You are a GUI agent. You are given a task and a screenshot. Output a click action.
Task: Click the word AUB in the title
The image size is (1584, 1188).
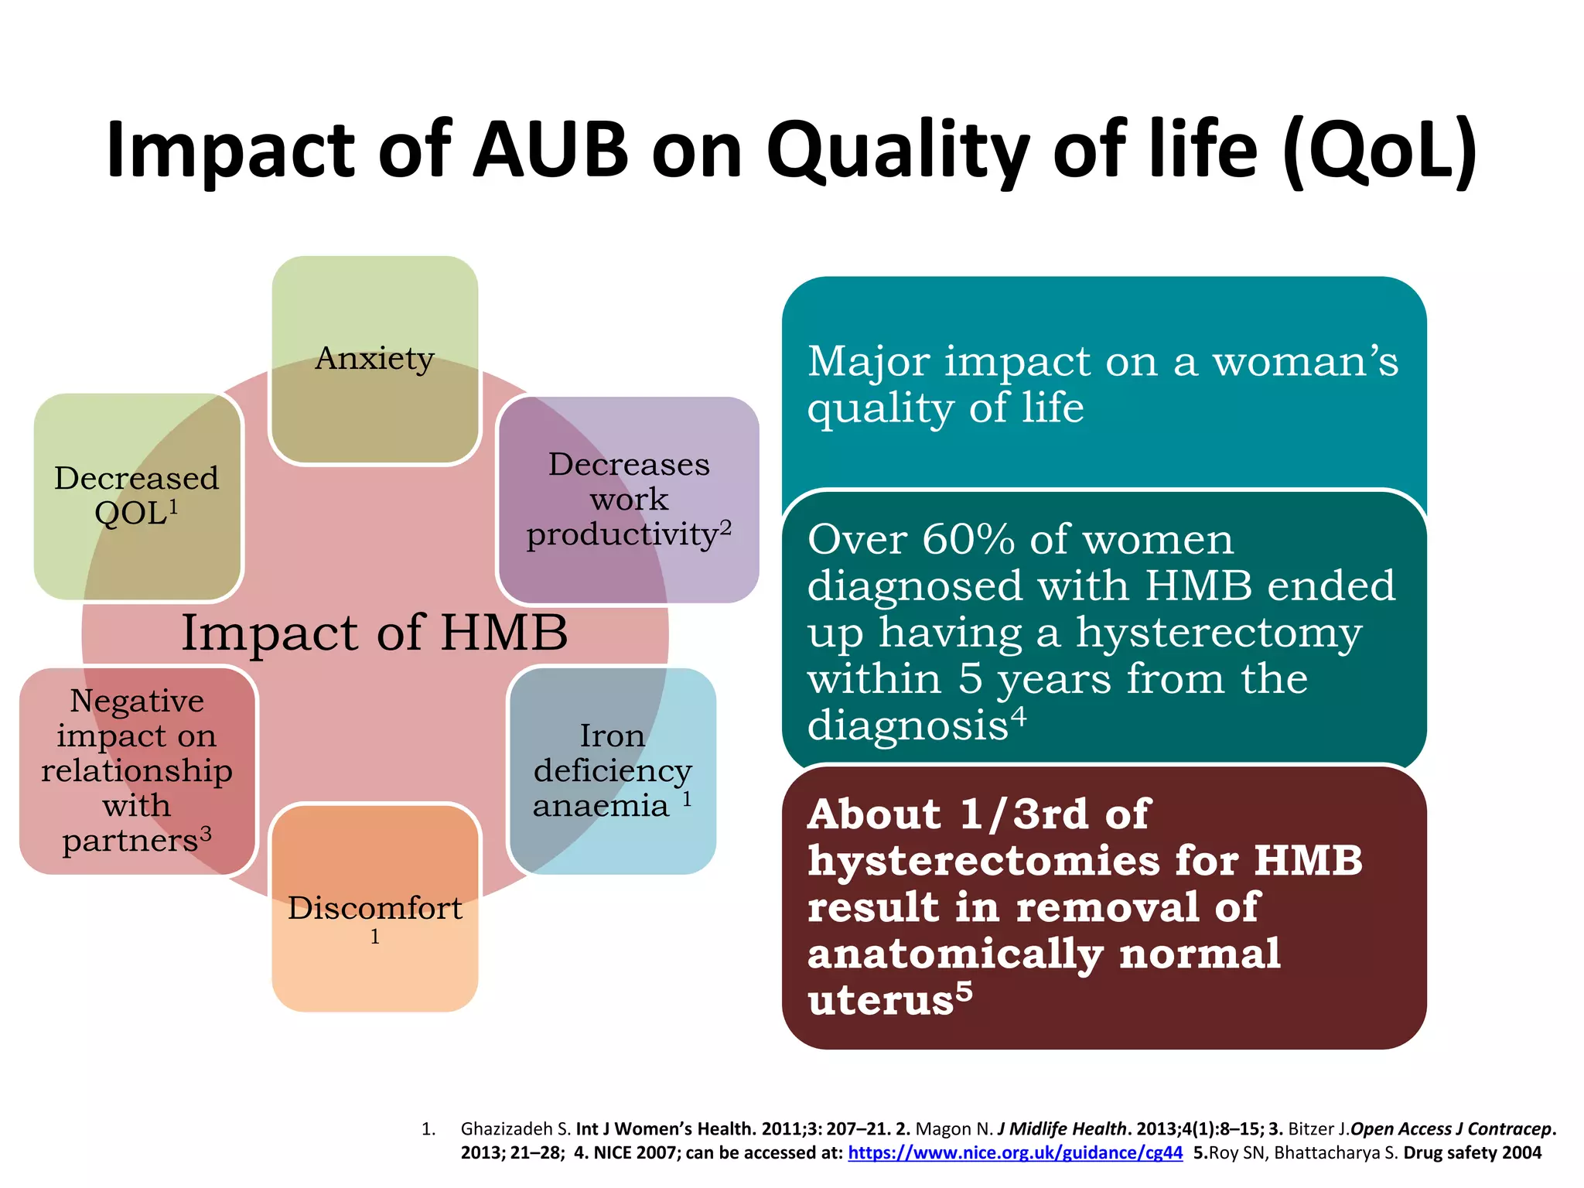coord(551,151)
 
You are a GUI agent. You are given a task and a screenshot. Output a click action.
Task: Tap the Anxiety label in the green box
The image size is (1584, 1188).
coord(374,359)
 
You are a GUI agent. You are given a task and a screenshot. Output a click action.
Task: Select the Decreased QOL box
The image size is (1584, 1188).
coord(137,496)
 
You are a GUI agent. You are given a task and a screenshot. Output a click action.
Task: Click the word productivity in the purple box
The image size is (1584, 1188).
coord(622,535)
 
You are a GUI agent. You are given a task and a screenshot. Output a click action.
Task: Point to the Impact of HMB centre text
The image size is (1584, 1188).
coord(374,633)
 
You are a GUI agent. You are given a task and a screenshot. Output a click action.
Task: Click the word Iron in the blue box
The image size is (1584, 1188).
coord(612,736)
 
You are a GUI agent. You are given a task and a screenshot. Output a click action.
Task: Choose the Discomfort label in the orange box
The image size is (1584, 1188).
coord(374,908)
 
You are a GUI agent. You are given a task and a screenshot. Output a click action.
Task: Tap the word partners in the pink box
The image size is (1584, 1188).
coord(130,841)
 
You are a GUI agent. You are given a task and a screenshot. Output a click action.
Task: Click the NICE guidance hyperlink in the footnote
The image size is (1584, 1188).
coord(1015,1153)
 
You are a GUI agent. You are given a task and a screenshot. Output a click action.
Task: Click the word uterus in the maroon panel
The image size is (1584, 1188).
coord(880,1000)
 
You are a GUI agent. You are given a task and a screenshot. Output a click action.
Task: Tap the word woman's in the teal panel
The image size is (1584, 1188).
coord(1305,361)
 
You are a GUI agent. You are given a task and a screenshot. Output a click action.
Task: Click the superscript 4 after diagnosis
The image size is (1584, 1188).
coord(1019,717)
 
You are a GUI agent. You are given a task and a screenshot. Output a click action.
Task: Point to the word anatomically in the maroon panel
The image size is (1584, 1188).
coord(955,954)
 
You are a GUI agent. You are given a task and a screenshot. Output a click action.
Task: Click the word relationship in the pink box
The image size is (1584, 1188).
coord(137,771)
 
